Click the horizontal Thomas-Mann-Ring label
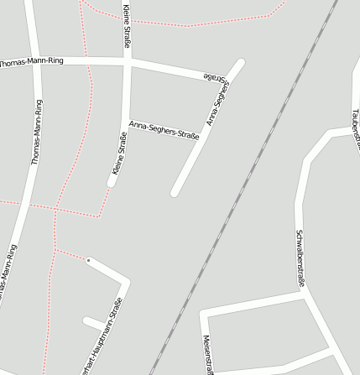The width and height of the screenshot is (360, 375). pos(32,62)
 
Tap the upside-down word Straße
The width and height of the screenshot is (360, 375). pos(217,78)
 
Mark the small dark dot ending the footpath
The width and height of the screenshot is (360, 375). pos(88,261)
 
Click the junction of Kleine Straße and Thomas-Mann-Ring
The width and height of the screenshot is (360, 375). pos(127,62)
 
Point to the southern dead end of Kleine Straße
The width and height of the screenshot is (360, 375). pos(112,182)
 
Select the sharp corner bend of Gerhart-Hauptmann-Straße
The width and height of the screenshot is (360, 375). pos(125,282)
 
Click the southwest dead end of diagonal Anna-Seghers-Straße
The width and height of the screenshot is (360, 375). pos(175,192)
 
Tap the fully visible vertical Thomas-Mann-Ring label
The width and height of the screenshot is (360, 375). pos(36,132)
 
